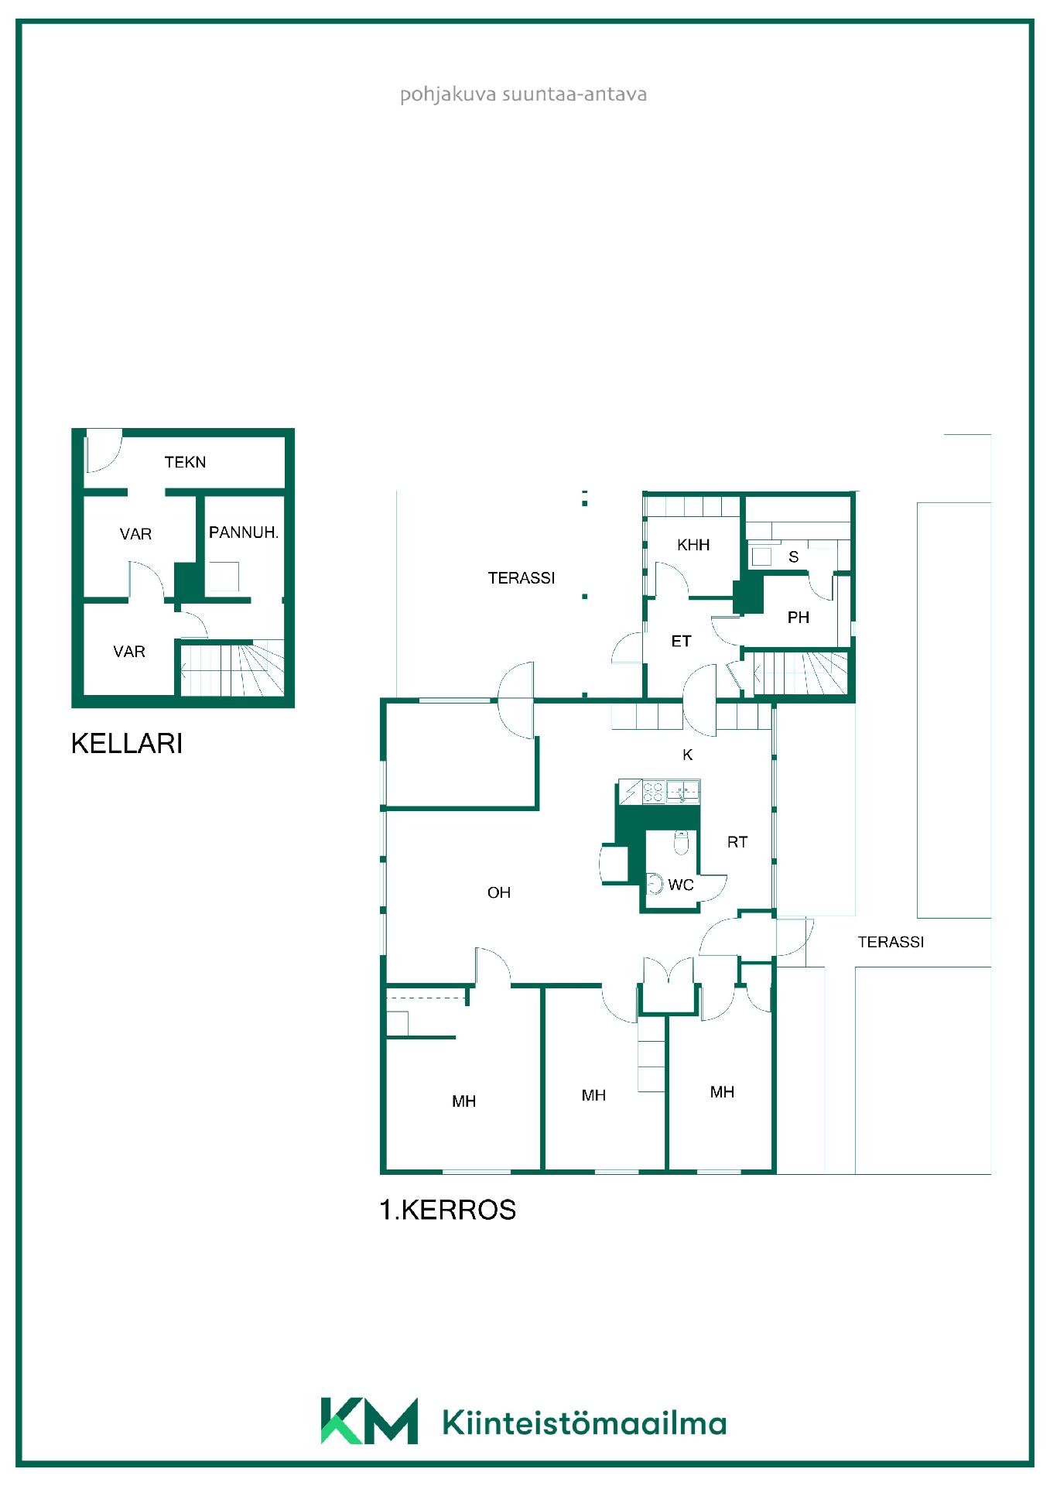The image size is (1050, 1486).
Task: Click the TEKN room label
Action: tap(185, 462)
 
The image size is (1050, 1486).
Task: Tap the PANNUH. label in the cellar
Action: tap(244, 532)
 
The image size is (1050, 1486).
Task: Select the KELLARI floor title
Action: tap(127, 743)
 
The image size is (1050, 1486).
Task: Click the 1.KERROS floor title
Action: tap(447, 1210)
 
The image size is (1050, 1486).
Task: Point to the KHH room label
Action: tap(693, 545)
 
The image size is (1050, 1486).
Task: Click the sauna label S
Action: tap(793, 556)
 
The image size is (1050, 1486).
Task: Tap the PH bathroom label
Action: tap(799, 618)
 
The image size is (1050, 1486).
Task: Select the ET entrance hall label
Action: tap(681, 641)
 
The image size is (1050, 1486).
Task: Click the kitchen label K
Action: tap(688, 755)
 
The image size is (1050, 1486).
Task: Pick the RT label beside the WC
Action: tap(737, 842)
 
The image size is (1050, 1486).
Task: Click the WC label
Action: tap(681, 885)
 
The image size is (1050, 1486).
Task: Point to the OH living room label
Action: tap(499, 892)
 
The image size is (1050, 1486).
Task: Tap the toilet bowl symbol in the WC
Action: tap(681, 842)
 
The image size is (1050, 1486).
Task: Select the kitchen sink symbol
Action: tap(683, 791)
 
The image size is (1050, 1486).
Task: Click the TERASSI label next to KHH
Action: tap(522, 578)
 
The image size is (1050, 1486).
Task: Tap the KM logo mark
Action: tap(369, 1421)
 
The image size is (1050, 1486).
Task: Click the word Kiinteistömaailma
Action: tap(585, 1423)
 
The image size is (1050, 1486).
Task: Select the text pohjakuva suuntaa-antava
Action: tap(523, 94)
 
